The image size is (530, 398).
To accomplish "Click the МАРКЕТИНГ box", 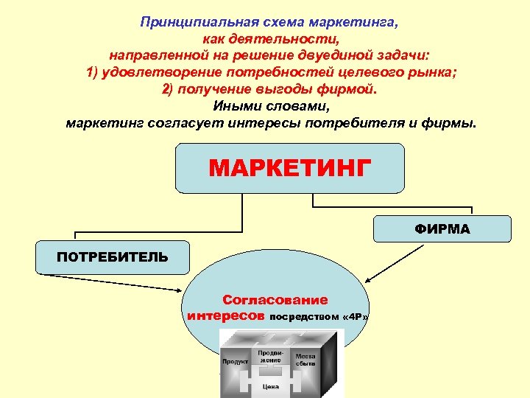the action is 289,168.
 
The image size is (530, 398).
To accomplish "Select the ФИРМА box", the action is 442,228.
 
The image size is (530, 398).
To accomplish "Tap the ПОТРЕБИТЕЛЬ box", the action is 113,257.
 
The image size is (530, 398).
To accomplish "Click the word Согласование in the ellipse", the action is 275,300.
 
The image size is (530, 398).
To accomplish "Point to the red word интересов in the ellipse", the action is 226,315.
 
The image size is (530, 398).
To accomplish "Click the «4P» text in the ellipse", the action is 356,317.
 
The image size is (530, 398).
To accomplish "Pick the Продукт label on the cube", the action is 235,361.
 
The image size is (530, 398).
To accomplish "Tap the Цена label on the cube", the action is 272,385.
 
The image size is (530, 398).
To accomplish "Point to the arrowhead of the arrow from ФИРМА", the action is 369,280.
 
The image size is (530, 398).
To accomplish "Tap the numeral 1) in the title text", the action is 94,72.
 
